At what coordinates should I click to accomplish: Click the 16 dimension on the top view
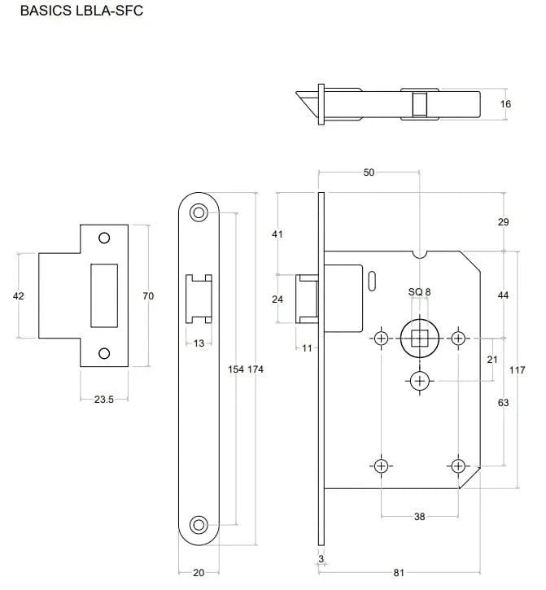506,104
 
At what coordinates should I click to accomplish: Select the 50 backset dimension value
369,173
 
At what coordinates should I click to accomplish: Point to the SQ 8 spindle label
419,291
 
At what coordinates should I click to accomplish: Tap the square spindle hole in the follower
420,338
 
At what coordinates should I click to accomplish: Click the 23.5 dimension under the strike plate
104,400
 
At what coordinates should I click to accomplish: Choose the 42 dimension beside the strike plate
19,296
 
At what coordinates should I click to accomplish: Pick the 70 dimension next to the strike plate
148,296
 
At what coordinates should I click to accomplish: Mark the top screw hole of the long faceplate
198,212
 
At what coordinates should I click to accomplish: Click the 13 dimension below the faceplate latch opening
199,343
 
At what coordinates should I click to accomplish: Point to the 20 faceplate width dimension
199,573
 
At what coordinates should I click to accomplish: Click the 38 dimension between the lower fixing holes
420,517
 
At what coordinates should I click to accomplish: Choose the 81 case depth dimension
399,573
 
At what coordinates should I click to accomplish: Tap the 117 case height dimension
516,369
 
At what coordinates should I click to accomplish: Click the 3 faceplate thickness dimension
321,560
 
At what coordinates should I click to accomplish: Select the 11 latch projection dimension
307,348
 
